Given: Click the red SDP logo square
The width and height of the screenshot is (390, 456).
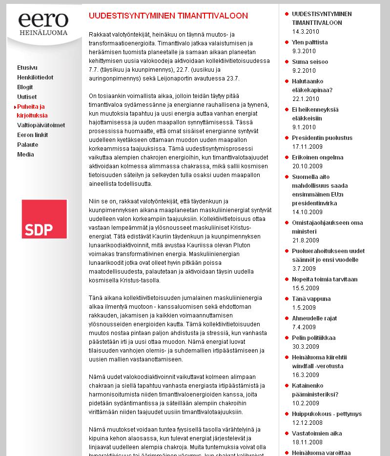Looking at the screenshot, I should click(44, 219).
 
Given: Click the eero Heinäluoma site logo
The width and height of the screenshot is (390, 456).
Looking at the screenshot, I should click(43, 24).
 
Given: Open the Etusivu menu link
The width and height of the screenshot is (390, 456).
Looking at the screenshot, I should click(27, 68).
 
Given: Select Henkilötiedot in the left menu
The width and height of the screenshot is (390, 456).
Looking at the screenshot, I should click(35, 78).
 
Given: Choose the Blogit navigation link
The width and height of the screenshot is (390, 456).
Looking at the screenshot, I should click(25, 87).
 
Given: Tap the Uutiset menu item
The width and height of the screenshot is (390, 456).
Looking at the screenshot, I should click(27, 97).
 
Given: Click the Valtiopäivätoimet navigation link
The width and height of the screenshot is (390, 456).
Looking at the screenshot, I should click(41, 125).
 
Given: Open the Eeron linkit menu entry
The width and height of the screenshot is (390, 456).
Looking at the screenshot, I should click(33, 135).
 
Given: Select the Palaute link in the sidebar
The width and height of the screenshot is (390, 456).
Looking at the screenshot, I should click(27, 145).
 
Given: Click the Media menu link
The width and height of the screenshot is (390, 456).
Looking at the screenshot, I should click(25, 155).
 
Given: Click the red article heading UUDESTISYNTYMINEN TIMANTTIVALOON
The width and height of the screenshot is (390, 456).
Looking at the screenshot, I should click(168, 16).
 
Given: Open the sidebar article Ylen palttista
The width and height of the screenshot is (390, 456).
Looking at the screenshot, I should click(309, 42).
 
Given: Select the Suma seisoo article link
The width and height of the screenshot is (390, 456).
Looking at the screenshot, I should click(310, 62).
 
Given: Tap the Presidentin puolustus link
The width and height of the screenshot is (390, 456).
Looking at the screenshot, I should click(322, 138).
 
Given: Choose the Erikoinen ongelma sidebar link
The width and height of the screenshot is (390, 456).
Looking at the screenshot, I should click(317, 158).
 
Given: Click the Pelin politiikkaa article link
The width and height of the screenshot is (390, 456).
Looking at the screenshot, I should click(313, 338).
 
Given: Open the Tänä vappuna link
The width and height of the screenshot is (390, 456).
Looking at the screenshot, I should click(311, 299).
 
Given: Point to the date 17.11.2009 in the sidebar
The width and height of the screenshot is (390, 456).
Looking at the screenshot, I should click(307, 147).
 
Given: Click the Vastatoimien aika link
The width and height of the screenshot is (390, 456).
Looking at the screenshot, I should click(317, 434).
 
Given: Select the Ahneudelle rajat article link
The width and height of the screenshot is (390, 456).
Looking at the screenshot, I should click(314, 318).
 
